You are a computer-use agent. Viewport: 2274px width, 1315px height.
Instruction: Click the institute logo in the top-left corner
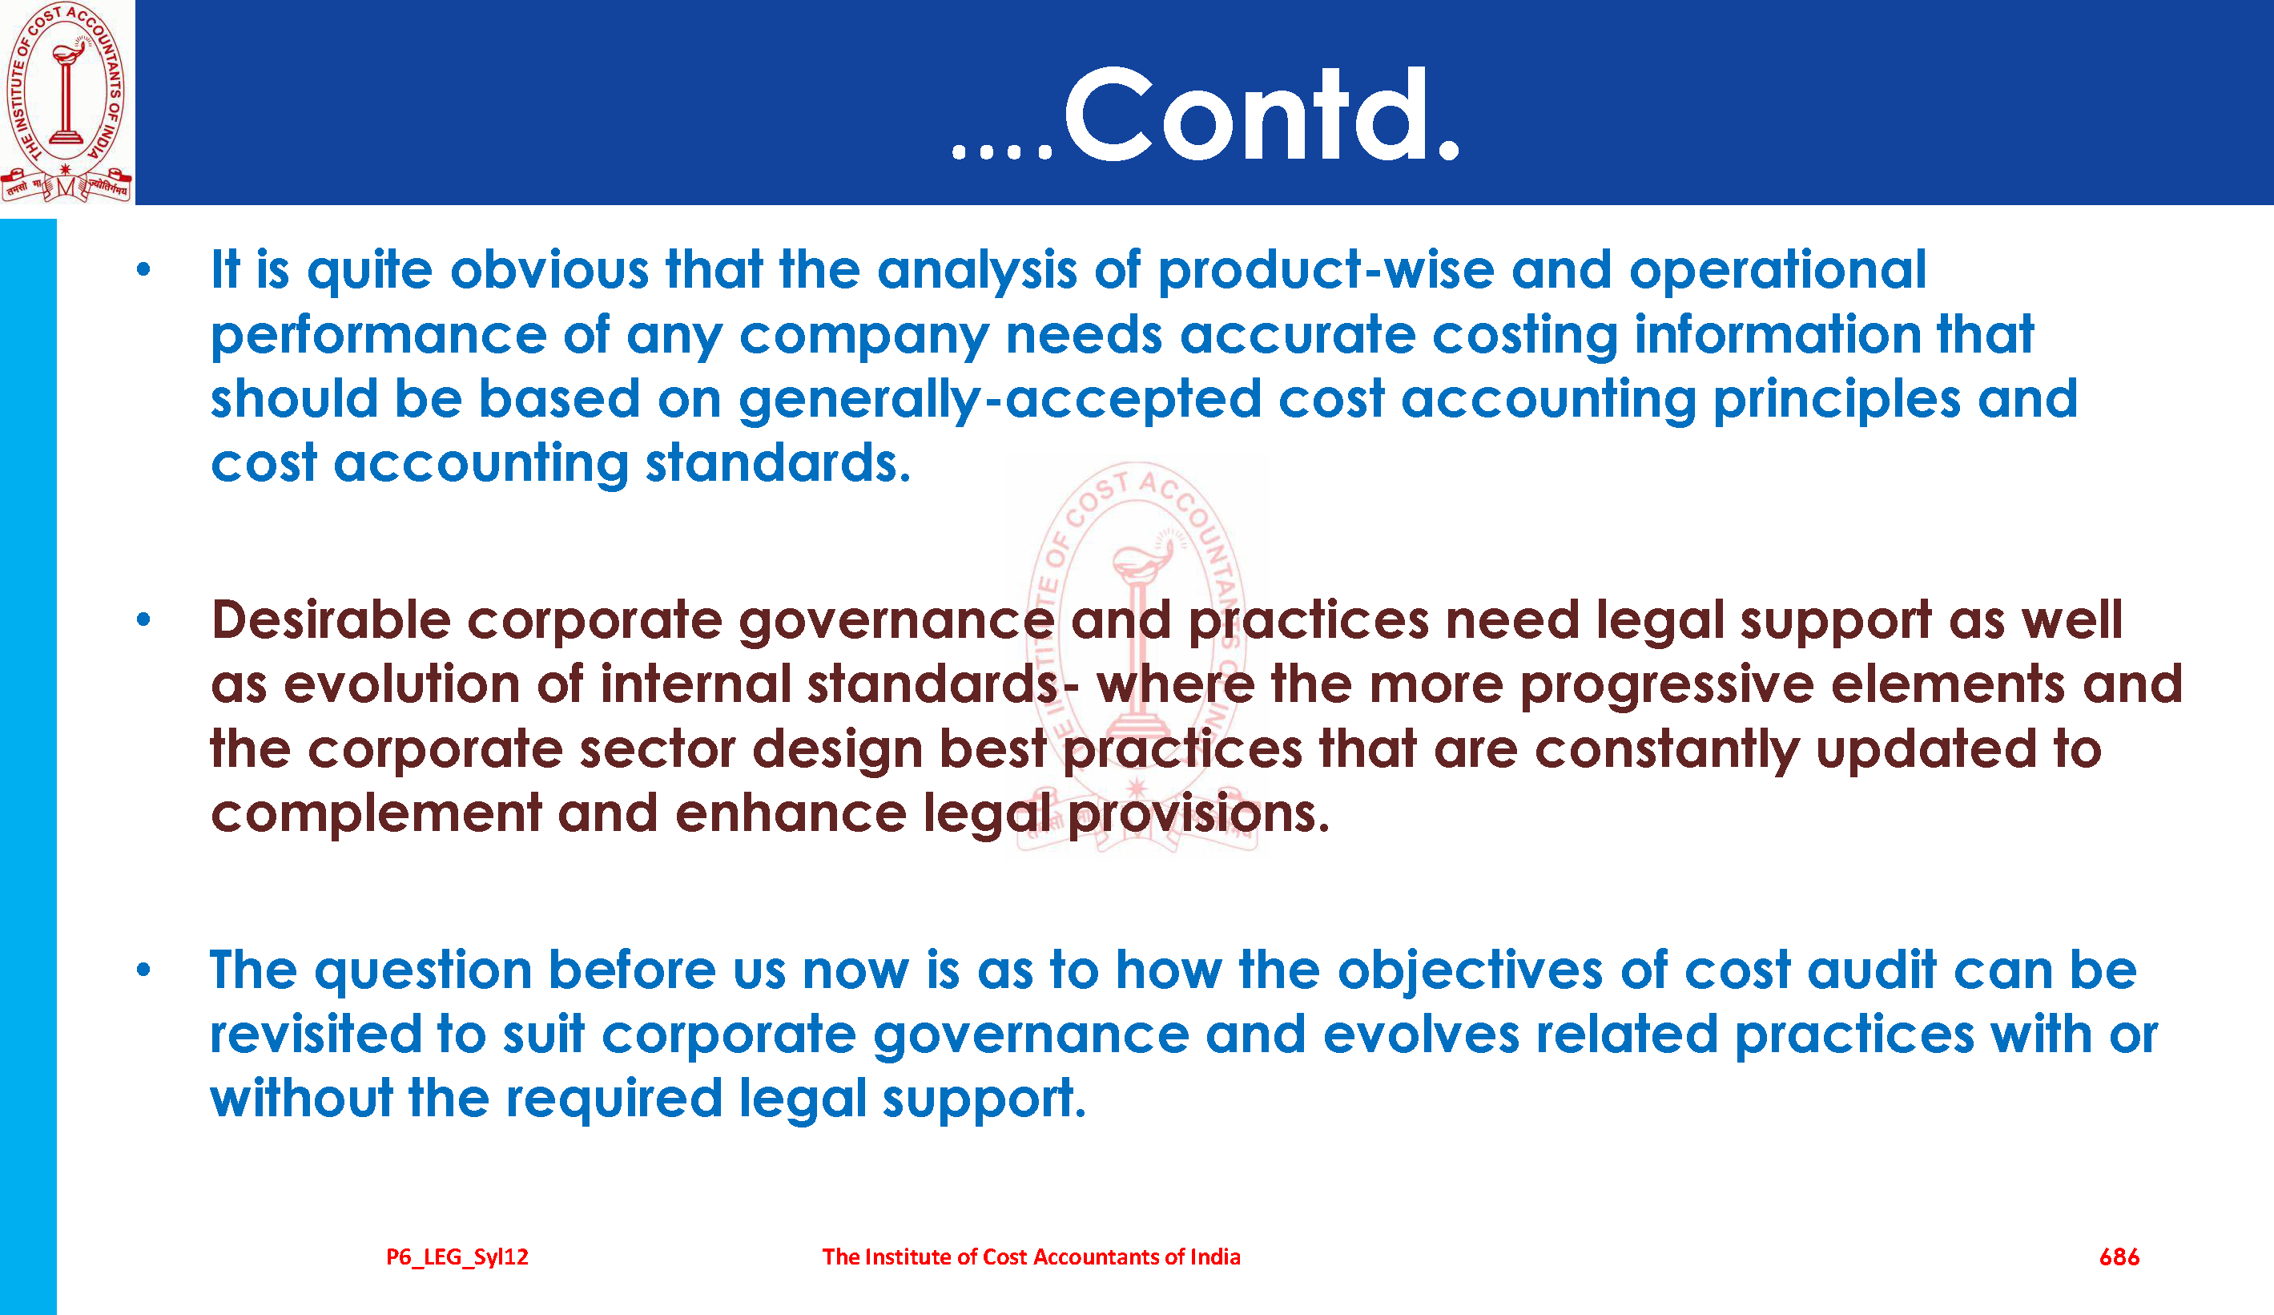(66, 101)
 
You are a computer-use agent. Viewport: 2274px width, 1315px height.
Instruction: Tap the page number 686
(2119, 1257)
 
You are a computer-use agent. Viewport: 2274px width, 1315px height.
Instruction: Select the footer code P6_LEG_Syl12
(457, 1257)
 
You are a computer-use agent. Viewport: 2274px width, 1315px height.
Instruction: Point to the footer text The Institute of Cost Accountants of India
(1031, 1257)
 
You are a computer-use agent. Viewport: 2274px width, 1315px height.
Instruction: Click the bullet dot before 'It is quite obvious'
(143, 269)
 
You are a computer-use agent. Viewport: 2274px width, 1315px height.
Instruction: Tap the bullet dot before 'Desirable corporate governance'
(143, 619)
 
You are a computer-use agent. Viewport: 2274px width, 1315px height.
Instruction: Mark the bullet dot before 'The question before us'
(143, 970)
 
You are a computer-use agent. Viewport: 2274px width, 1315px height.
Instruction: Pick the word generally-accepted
(999, 401)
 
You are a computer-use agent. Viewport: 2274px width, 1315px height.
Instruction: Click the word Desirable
(330, 620)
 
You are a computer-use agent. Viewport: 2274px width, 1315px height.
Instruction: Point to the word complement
(376, 815)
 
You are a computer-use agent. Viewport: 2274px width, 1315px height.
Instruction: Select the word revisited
(315, 1035)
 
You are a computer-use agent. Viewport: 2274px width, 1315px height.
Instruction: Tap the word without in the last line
(301, 1099)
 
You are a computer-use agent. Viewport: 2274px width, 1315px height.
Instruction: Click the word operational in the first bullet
(1777, 271)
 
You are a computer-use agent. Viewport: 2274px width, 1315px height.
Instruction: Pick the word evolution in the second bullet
(401, 684)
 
